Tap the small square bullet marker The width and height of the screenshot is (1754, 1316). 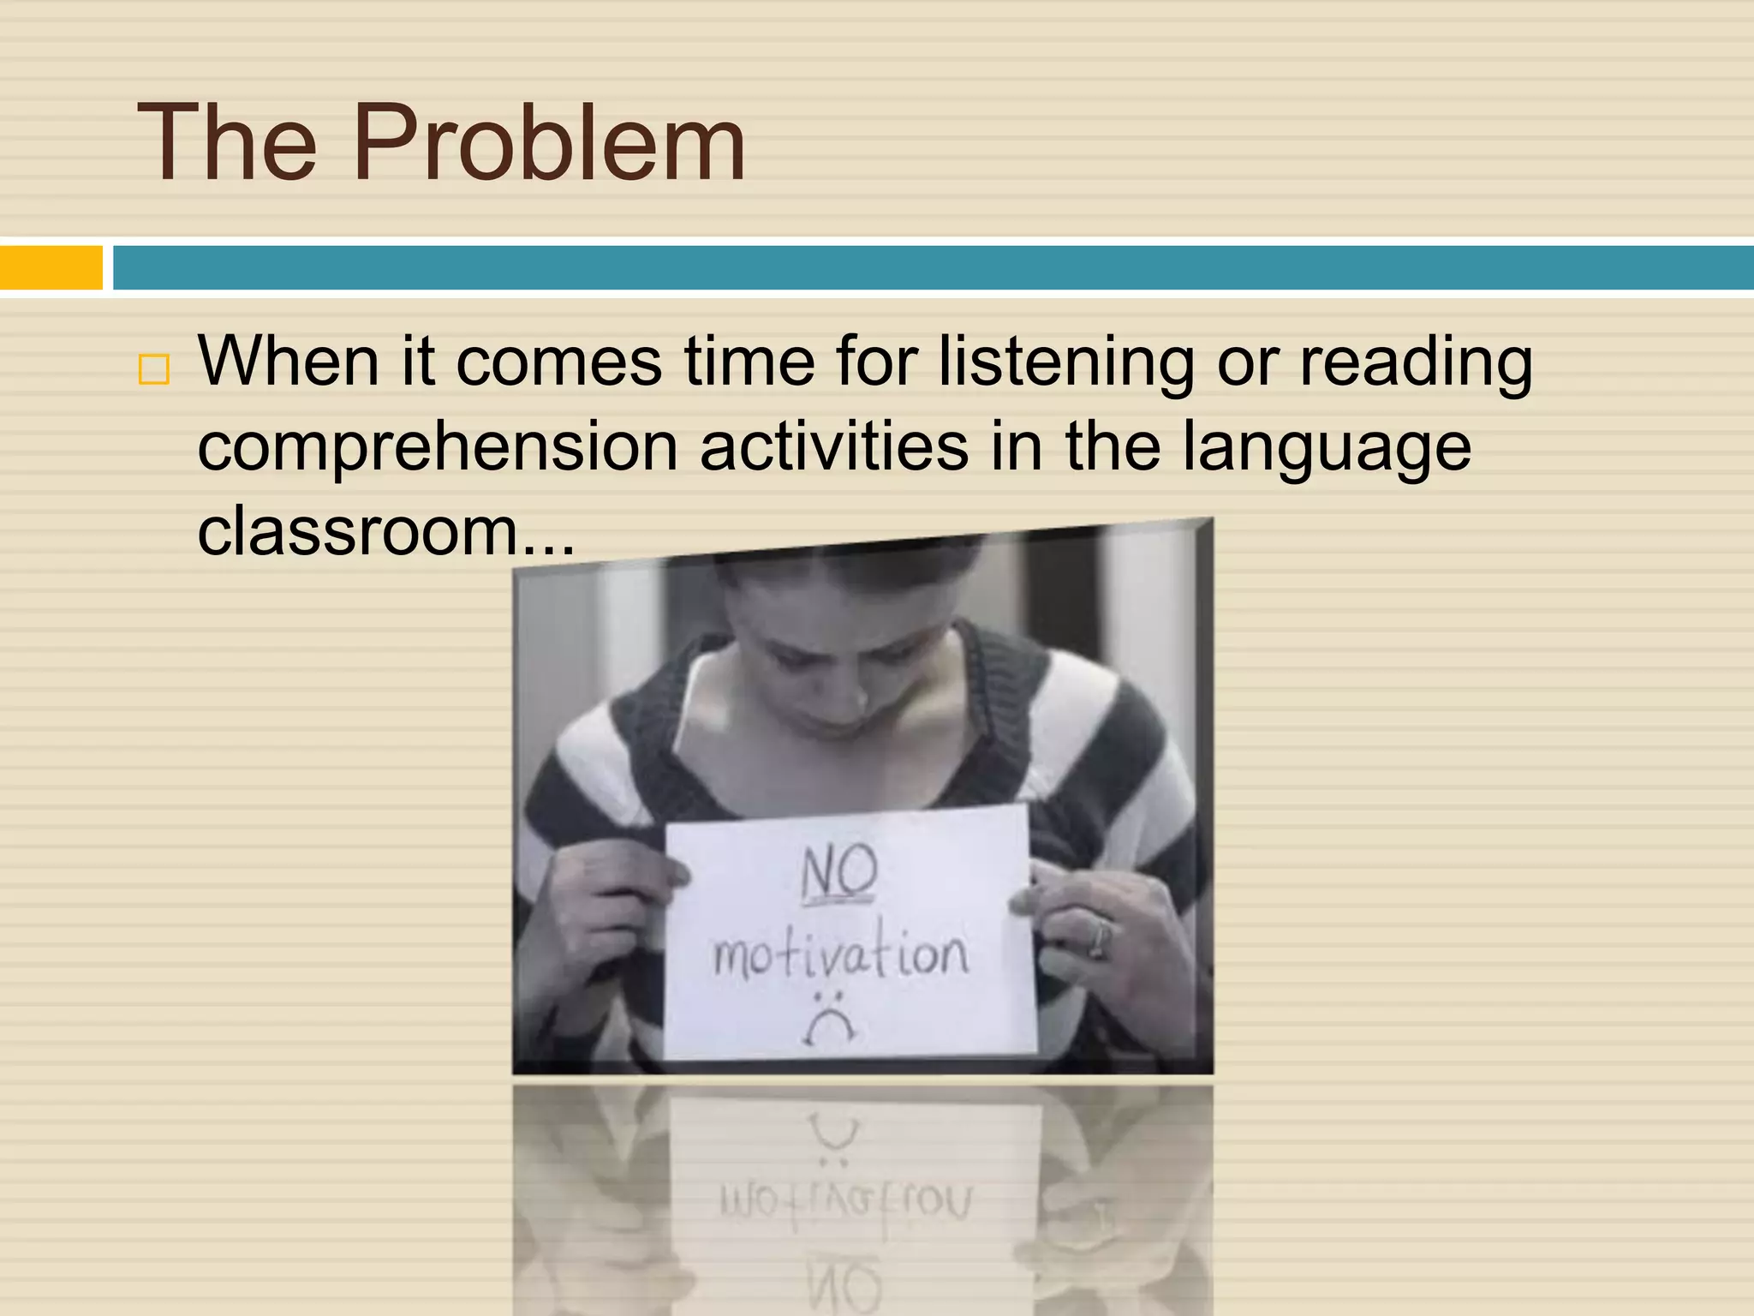tap(154, 370)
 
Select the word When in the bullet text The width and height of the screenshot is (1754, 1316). tap(289, 361)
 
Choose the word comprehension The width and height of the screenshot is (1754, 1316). tap(437, 448)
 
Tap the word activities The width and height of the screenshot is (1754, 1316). tap(833, 446)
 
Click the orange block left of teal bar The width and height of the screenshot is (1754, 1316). tap(51, 267)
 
